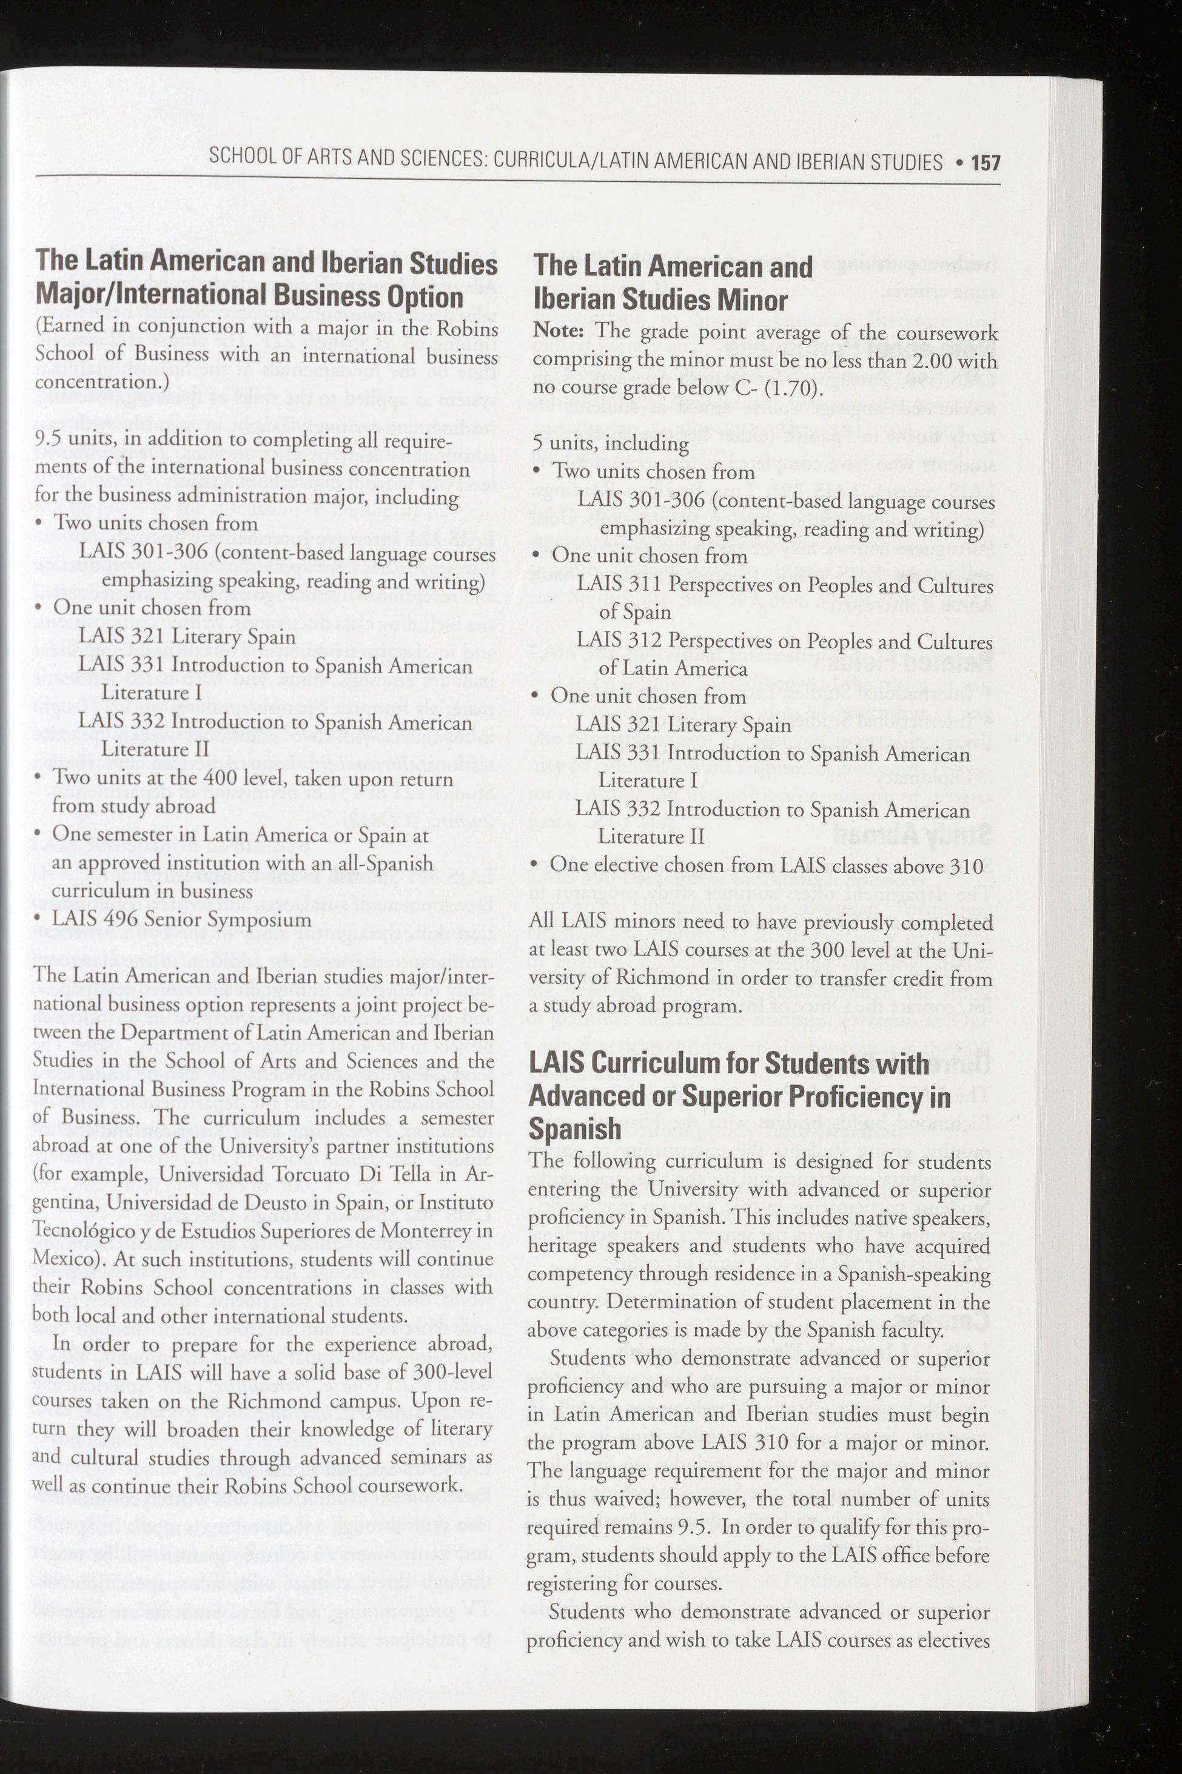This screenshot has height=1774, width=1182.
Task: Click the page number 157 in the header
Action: (986, 162)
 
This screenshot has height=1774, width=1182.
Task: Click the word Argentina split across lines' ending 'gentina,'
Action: (65, 1203)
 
